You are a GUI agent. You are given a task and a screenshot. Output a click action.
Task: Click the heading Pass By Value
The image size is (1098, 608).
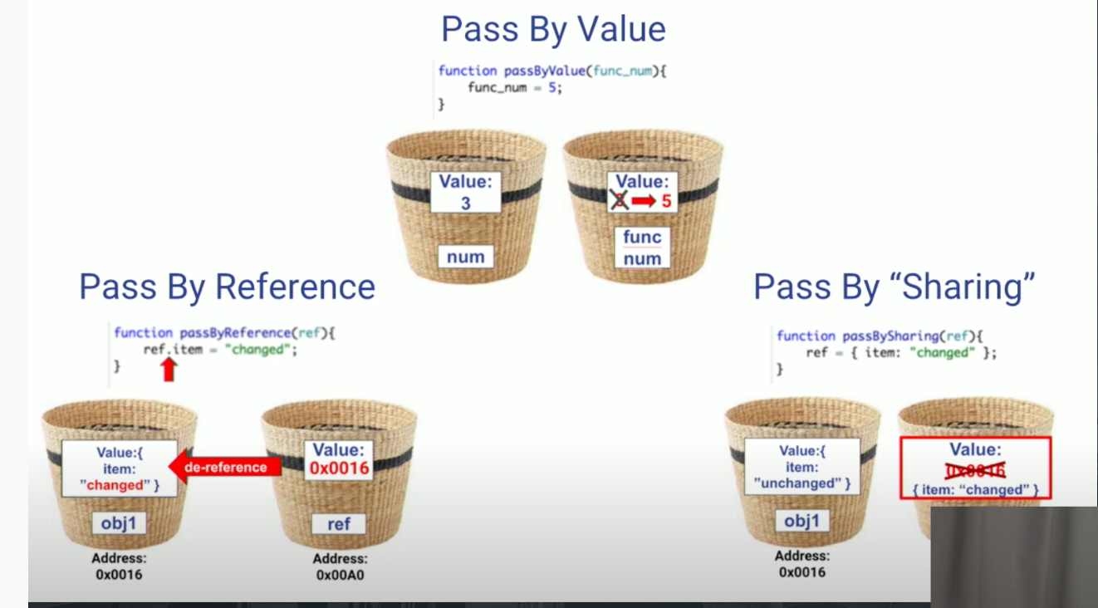553,30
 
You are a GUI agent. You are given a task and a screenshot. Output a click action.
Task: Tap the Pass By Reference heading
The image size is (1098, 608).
227,287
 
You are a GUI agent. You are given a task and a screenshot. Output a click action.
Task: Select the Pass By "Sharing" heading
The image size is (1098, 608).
895,287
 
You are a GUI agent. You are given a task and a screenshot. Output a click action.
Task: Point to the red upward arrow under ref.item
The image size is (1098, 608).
169,369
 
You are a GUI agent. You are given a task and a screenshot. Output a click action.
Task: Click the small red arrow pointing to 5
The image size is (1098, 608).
643,201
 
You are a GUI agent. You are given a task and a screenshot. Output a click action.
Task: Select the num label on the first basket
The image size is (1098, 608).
465,257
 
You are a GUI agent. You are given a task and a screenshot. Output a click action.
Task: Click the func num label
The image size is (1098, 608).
642,248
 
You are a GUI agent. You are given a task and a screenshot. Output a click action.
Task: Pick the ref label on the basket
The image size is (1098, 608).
339,523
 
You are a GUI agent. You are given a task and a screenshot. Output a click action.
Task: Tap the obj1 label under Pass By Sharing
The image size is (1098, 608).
801,521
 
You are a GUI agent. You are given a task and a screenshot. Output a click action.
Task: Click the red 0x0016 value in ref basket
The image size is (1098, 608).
339,469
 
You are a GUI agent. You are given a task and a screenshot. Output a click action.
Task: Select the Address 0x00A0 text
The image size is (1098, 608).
341,566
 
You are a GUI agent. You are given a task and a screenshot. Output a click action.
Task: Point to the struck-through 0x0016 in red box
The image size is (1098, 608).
976,471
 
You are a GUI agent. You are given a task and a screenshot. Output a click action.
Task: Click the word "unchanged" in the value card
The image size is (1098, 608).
797,483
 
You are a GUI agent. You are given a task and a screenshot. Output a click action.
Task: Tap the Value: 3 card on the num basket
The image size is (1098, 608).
465,192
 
